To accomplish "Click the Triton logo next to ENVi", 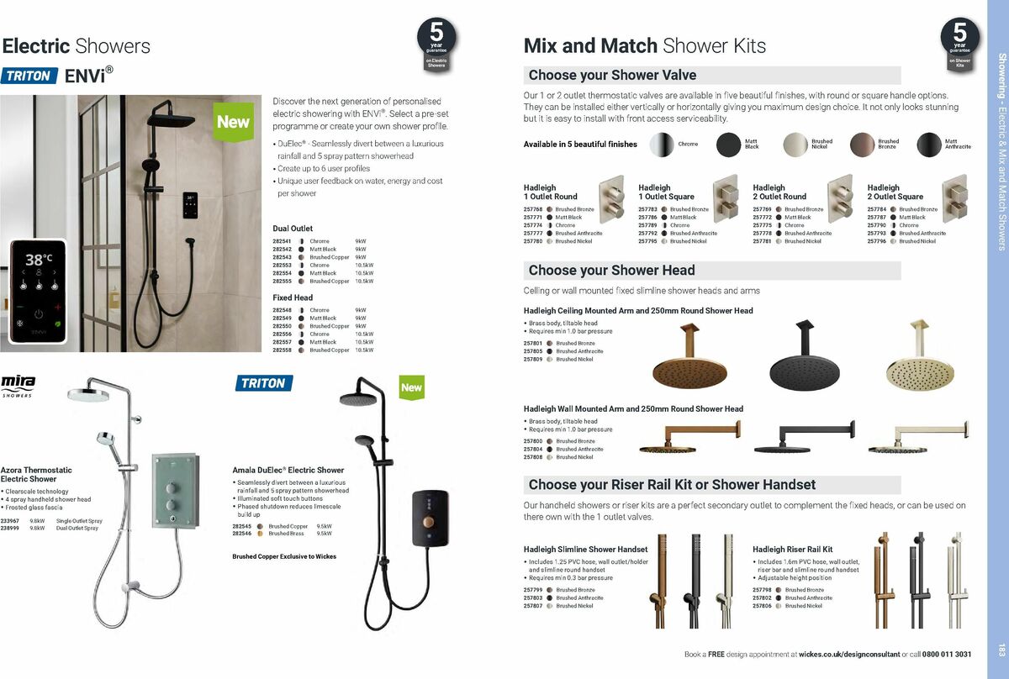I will (x=30, y=76).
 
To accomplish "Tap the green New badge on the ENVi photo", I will (x=233, y=121).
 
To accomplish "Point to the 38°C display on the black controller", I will (x=39, y=260).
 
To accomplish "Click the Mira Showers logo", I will (x=18, y=386).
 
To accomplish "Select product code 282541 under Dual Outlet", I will (x=282, y=241).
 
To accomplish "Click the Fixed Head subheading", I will (x=293, y=297).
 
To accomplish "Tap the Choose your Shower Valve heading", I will (x=612, y=76).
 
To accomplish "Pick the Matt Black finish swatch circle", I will (x=729, y=145).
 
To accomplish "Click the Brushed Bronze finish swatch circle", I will (x=862, y=145).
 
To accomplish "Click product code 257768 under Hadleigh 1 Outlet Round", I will (x=533, y=209).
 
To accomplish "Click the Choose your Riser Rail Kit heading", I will (x=672, y=485).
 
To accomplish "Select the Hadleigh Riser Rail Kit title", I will (x=792, y=550).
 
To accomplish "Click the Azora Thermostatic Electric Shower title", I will (x=36, y=474).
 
